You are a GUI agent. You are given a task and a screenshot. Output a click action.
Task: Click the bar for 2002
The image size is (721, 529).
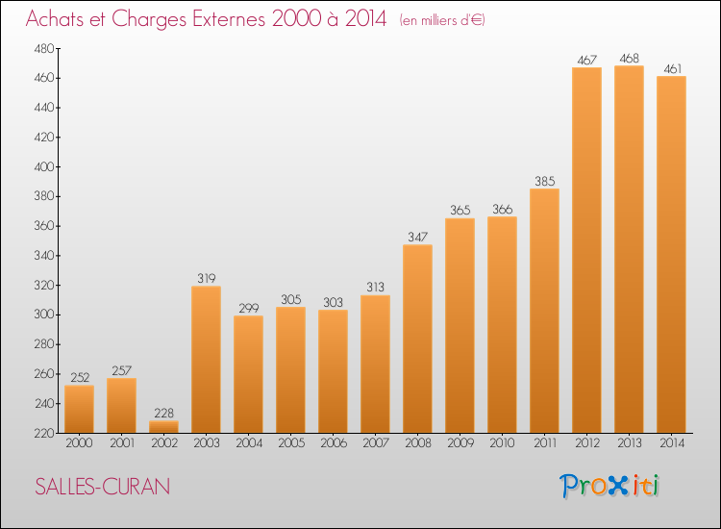(163, 426)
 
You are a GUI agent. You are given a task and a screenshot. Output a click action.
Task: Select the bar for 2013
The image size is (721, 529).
(629, 249)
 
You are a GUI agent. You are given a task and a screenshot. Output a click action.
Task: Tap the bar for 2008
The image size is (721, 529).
(417, 339)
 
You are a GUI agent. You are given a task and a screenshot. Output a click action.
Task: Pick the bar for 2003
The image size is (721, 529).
(206, 360)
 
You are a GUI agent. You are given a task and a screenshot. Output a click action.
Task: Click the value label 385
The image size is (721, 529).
(544, 181)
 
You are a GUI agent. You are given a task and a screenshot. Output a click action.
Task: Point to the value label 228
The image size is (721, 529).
(163, 413)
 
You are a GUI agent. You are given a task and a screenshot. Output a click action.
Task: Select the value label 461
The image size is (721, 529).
(672, 69)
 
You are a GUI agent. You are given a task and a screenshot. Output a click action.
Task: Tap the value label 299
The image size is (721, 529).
(248, 308)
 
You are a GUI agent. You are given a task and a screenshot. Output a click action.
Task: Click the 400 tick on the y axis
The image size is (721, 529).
(44, 167)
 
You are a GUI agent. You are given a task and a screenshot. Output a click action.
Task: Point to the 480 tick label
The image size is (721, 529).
(44, 49)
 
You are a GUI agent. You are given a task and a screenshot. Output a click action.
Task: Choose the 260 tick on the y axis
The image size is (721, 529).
(44, 374)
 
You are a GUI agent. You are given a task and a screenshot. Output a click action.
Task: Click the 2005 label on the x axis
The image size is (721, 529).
(291, 442)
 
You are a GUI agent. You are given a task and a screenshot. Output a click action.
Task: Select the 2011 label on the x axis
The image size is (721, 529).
(544, 442)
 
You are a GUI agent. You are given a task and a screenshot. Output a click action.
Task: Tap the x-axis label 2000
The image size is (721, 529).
(79, 442)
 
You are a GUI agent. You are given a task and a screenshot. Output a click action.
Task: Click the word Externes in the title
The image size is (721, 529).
(229, 19)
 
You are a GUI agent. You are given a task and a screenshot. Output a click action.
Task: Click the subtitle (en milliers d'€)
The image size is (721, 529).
(442, 20)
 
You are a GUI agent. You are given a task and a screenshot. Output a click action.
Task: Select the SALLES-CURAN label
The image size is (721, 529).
(103, 487)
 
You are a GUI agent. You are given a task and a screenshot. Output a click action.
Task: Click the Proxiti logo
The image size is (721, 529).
(609, 486)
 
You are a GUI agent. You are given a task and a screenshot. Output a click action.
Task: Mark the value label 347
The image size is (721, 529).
(417, 237)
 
